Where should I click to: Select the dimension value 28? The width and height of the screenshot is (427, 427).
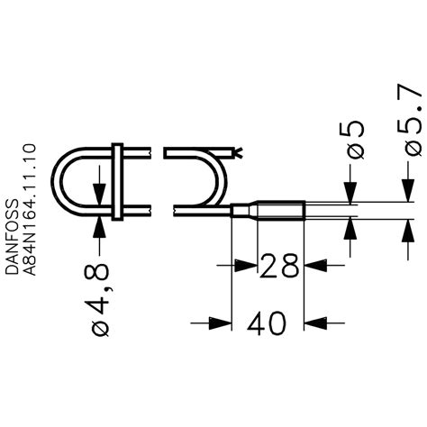point(279,268)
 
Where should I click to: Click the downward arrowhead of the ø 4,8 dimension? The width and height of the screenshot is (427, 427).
point(98,199)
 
